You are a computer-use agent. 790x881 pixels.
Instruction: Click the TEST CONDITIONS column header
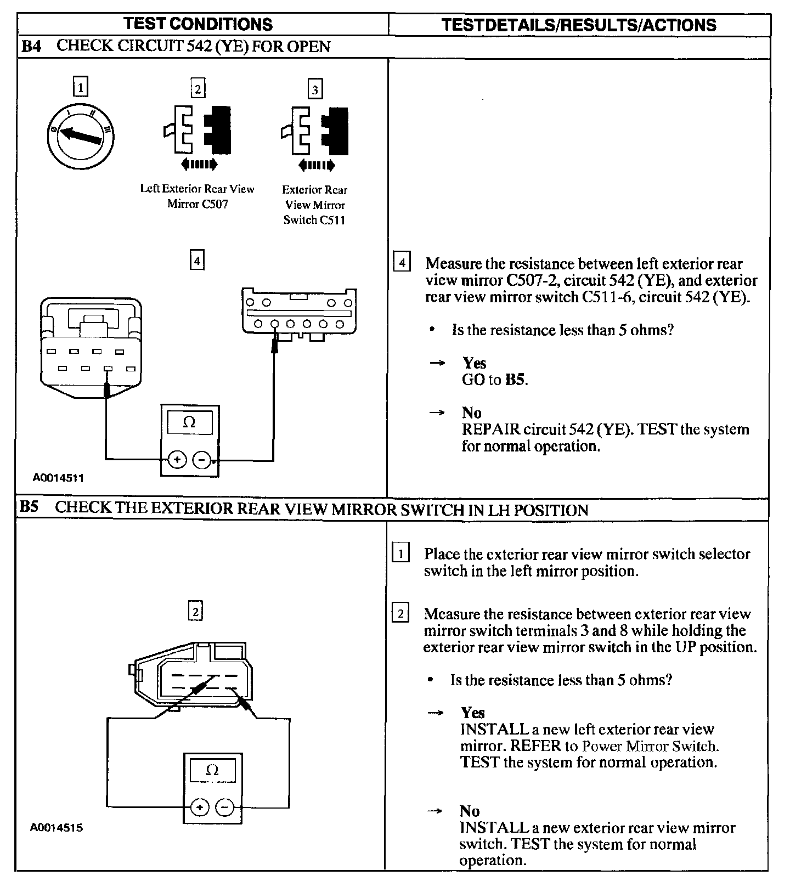[x=198, y=24]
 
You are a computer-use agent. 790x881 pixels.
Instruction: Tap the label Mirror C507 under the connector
[x=198, y=204]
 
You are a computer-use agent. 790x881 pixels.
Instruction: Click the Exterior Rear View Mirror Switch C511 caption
[x=314, y=205]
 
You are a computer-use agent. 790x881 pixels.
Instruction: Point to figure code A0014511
[x=58, y=478]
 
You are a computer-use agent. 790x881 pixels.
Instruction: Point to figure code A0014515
[x=56, y=828]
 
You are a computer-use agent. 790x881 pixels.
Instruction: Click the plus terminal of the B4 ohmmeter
[x=177, y=460]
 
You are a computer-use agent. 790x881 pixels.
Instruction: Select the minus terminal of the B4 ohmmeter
[x=202, y=460]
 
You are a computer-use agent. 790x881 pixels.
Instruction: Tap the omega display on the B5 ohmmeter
[x=212, y=770]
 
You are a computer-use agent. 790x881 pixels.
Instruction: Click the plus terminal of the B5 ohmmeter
[x=200, y=807]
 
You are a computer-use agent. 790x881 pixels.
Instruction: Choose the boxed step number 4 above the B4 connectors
[x=196, y=259]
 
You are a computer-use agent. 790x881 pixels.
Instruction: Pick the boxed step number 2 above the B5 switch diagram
[x=195, y=611]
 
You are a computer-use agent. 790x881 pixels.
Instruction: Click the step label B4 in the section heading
[x=31, y=47]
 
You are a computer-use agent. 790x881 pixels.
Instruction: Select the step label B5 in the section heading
[x=30, y=507]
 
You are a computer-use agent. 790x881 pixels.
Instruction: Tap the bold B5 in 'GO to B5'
[x=515, y=380]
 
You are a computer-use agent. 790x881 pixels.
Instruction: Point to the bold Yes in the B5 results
[x=473, y=713]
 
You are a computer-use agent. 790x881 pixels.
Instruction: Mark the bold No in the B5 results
[x=470, y=811]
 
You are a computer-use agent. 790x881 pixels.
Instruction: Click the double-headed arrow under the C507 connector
[x=199, y=163]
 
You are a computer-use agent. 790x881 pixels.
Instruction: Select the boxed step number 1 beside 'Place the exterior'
[x=401, y=554]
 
